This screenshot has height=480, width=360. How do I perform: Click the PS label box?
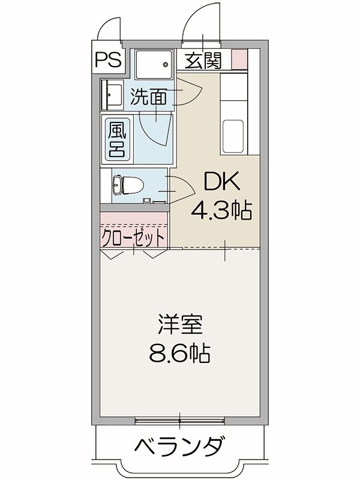click(x=108, y=59)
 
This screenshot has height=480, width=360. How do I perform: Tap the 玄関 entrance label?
click(x=203, y=60)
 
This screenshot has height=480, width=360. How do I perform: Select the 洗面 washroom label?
click(x=149, y=97)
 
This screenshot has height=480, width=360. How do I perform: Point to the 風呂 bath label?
click(x=116, y=139)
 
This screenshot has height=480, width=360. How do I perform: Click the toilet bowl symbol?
click(x=123, y=186)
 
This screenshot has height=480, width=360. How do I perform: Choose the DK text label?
click(x=220, y=182)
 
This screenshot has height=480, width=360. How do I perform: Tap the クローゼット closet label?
click(x=133, y=237)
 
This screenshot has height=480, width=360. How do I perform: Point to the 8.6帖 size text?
click(x=179, y=353)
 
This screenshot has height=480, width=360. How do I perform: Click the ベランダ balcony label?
click(x=179, y=447)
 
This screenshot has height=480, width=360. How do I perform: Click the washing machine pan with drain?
click(x=153, y=64)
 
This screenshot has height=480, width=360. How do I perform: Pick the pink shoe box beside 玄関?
click(x=239, y=59)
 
